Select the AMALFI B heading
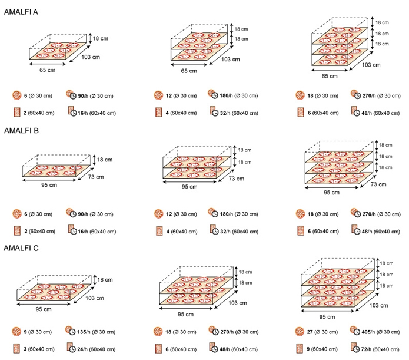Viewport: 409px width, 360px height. pyautogui.click(x=21, y=131)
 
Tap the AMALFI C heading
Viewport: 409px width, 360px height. pyautogui.click(x=21, y=248)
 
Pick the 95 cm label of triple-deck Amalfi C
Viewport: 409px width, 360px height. pyautogui.click(x=327, y=317)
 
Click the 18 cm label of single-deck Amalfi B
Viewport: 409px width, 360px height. pyautogui.click(x=104, y=160)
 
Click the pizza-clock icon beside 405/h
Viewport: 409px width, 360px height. pyautogui.click(x=355, y=331)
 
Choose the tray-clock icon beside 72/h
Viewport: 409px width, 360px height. pyautogui.click(x=355, y=348)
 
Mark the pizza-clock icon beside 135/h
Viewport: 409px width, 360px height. pyautogui.click(x=71, y=331)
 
